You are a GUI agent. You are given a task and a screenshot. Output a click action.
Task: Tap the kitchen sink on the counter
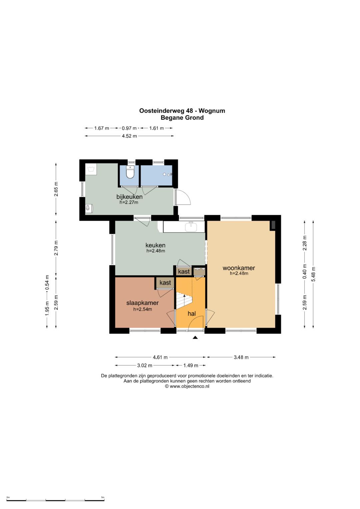click(191, 227)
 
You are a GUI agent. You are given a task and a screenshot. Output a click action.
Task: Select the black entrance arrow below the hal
click(195, 338)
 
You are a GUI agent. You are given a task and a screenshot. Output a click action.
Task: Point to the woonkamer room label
click(239, 268)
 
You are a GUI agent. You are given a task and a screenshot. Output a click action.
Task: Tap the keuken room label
click(155, 245)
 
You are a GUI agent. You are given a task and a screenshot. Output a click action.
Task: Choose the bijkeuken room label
click(129, 197)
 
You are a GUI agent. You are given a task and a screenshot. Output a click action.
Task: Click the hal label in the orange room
click(192, 314)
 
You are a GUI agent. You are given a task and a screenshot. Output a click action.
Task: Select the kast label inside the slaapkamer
click(165, 282)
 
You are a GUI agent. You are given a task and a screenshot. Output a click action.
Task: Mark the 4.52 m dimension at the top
click(129, 136)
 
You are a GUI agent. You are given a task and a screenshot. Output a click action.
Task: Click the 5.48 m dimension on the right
click(313, 274)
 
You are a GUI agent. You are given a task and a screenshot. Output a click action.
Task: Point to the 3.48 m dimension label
click(241, 357)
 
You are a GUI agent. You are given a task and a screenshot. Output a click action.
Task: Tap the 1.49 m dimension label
click(191, 365)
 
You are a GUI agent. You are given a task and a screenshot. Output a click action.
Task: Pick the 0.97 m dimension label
click(129, 128)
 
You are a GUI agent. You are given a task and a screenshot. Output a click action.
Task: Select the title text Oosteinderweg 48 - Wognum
click(182, 111)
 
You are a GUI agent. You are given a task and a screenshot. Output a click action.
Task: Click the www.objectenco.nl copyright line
click(187, 386)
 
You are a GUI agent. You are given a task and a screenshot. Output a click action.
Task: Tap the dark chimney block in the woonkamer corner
click(273, 225)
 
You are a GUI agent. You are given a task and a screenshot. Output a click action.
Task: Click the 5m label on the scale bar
click(103, 496)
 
